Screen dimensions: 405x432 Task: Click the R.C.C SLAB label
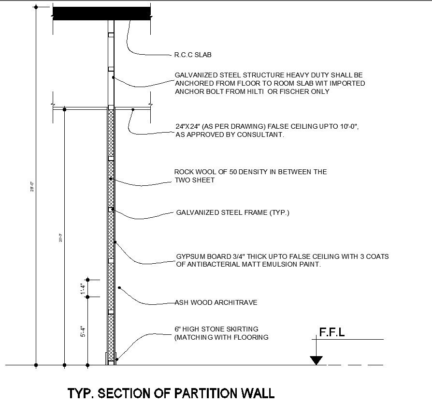point(192,55)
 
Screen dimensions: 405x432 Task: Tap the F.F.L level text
point(331,332)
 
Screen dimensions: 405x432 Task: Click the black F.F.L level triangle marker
point(316,360)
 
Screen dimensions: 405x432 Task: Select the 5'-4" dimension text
point(83,330)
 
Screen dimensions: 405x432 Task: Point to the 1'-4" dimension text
point(83,288)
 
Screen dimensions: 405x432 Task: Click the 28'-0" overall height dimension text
point(32,186)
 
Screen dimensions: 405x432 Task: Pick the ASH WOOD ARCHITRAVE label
point(216,302)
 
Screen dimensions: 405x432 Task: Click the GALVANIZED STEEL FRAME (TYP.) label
point(233,212)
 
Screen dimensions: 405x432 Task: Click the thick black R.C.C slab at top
point(101,13)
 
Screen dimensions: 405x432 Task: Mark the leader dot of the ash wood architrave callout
point(119,288)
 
